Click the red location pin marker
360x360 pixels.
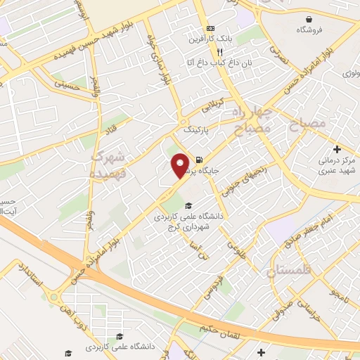coord(181,165)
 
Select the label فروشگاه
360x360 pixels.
coord(310,30)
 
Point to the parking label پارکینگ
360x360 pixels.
coord(196,130)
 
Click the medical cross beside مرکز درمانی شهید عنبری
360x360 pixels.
coord(338,150)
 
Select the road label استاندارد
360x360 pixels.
coord(32,275)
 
